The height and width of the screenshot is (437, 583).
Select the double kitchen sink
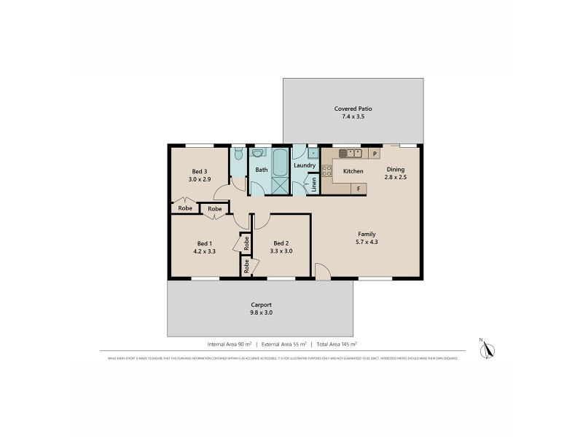(x=351, y=154)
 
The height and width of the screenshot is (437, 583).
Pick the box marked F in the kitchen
(x=359, y=189)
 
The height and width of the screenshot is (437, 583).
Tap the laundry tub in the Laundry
(x=312, y=153)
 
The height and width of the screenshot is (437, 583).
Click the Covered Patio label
(x=352, y=108)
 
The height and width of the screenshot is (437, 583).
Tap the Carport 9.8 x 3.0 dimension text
(x=260, y=313)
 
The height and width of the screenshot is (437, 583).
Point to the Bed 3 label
(x=199, y=171)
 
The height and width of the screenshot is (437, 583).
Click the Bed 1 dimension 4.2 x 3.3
(x=204, y=251)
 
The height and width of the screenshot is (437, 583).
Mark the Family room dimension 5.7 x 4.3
(x=367, y=242)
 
